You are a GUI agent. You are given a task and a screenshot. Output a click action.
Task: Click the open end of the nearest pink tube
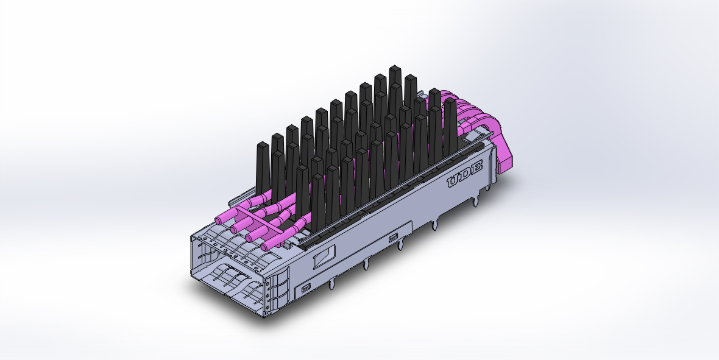pos(266,247)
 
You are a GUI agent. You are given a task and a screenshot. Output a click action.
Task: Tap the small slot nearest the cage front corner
pos(305,286)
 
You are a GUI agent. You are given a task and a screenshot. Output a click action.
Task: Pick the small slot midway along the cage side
pos(394,236)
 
